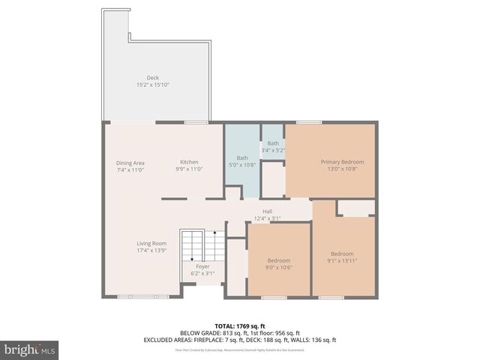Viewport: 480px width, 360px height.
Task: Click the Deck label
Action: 152,78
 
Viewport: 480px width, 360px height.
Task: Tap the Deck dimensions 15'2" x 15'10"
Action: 152,85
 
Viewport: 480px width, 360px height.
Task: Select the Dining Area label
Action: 130,163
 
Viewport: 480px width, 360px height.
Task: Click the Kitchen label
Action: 188,163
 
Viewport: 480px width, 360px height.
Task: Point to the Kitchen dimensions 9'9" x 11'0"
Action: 188,170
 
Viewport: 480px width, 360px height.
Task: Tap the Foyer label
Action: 202,266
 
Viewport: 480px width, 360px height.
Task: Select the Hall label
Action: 266,211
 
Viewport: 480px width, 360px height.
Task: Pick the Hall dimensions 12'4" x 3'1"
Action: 266,218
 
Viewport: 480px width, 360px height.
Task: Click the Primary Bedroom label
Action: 342,162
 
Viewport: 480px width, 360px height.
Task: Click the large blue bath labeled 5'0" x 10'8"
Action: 242,161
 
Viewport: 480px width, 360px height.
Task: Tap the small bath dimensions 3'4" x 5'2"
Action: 273,150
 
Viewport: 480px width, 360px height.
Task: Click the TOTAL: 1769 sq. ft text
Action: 240,326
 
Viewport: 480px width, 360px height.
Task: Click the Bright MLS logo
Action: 30,349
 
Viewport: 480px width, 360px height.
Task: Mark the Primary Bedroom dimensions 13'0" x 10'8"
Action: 342,169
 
